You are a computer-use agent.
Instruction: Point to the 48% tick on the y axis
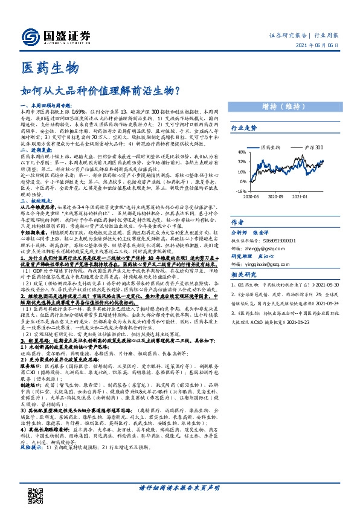242,152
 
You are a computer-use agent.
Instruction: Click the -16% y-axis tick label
241,190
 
